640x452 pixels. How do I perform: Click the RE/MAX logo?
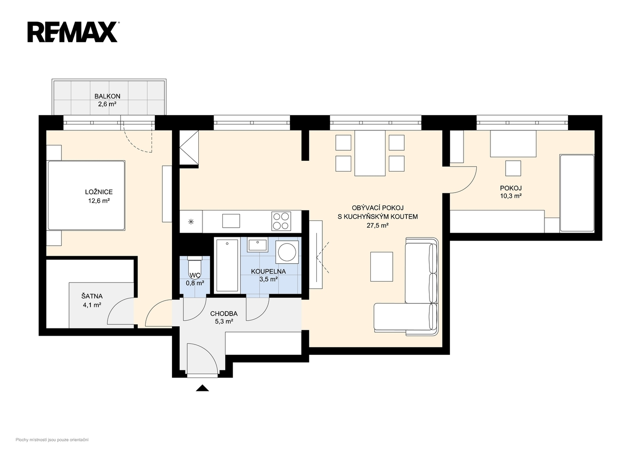coord(72,32)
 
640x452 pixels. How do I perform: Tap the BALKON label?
coord(108,96)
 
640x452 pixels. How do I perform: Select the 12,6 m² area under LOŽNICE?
coord(99,201)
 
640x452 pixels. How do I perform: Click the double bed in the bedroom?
coord(86,195)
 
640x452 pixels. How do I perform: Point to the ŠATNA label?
coord(92,296)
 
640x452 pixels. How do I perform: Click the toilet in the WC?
coord(195,267)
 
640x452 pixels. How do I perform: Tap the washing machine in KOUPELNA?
coord(287,252)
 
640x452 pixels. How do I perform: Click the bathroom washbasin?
coord(257,245)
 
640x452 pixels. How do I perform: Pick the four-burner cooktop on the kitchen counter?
coord(281,221)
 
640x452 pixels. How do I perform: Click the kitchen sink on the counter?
coord(231,221)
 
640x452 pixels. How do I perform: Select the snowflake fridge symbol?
coord(191,221)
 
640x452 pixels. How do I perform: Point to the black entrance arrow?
coord(202,388)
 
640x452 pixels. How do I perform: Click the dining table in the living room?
coord(370,153)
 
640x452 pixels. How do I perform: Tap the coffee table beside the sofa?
coord(381,267)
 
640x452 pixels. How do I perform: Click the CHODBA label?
coord(224,314)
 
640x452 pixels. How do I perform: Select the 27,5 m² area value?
coord(378,226)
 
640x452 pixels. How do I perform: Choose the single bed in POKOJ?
coord(577,193)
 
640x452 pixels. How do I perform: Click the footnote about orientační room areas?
coord(52,440)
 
